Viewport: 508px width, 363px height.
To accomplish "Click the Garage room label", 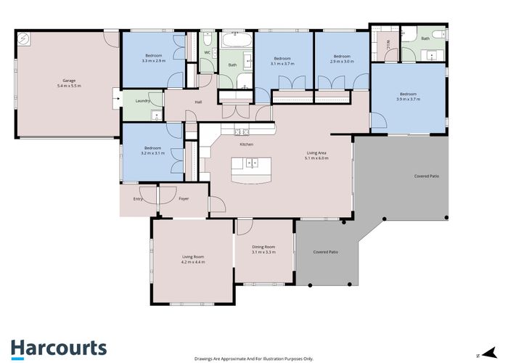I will [69, 81].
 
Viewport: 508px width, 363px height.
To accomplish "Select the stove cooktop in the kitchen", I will [242, 131].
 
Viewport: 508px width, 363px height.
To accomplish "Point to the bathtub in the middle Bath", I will [236, 38].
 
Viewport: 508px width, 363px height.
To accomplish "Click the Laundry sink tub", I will [156, 116].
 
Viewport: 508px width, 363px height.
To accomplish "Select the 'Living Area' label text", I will [316, 152].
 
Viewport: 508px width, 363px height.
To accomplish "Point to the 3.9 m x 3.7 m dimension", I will [408, 99].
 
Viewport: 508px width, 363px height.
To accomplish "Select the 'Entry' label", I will [138, 197].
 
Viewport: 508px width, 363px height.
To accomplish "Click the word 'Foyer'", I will [183, 197].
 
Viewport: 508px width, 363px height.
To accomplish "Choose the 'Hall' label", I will [198, 102].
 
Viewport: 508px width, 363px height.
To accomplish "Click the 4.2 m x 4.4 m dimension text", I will [193, 261].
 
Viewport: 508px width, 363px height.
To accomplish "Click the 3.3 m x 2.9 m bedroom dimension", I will [154, 61].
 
